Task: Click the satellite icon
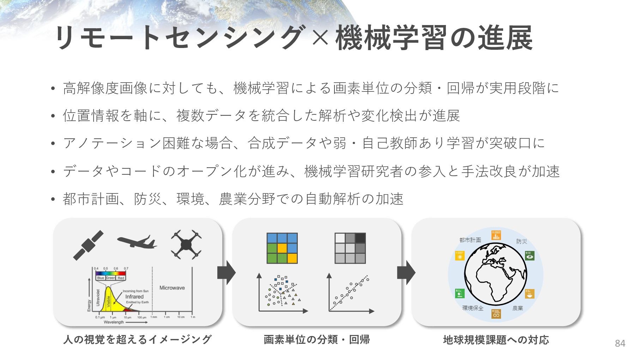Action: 88,245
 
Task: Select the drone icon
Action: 186,244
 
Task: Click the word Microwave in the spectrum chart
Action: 172,288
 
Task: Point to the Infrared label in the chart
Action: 134,296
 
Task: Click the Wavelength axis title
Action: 114,322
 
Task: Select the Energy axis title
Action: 89,306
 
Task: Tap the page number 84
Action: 620,343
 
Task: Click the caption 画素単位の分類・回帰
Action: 316,340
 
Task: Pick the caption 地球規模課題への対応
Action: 496,340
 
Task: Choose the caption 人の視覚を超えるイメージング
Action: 138,340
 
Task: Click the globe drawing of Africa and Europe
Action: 495,274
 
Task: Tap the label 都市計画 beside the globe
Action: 470,240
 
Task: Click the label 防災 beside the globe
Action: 521,241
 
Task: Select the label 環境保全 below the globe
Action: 473,308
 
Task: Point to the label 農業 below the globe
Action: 518,308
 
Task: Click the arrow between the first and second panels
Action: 227,272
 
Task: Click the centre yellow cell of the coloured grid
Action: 282,248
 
